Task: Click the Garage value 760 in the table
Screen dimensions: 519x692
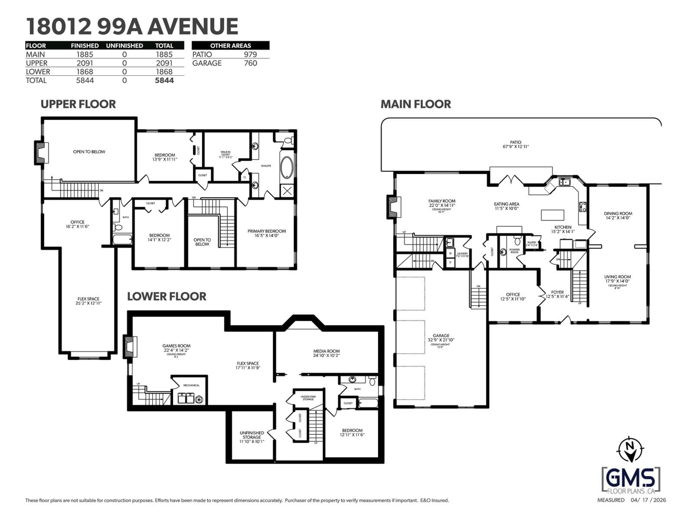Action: click(x=250, y=63)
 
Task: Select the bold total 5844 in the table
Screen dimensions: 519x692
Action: click(x=164, y=80)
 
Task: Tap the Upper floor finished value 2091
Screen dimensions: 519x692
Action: click(x=85, y=63)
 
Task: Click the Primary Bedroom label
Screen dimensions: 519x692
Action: click(x=267, y=233)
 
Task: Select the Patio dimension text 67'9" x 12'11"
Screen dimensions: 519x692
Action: click(x=516, y=146)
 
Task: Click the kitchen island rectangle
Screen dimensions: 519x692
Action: click(x=553, y=215)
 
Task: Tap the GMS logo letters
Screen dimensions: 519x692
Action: click(x=631, y=478)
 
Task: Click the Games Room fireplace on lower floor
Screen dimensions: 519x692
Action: click(x=130, y=346)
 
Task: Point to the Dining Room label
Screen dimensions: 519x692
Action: click(x=618, y=216)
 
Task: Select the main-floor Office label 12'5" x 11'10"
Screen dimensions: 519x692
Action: click(x=513, y=297)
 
